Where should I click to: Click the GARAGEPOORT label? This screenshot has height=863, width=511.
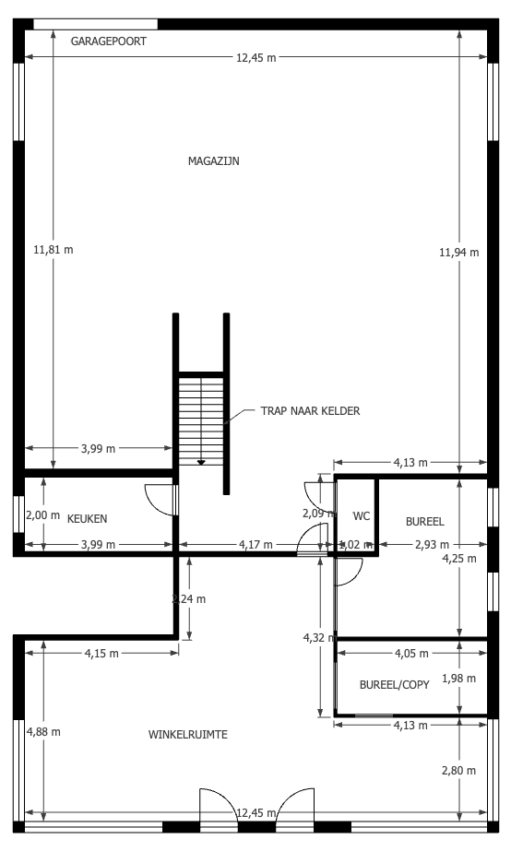(109, 41)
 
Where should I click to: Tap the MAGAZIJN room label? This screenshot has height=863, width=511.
(214, 161)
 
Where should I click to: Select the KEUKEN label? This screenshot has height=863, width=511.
(87, 518)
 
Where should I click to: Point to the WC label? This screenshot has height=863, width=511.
(362, 516)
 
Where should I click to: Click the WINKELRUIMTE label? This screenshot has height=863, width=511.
(188, 734)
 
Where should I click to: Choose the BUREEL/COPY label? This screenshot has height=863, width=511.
(394, 685)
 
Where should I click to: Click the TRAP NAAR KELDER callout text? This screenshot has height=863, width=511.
(311, 410)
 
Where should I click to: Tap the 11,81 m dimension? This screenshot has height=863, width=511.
(53, 249)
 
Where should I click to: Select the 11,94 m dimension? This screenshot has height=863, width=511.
(458, 252)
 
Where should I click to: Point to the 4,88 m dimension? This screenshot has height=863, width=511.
(43, 731)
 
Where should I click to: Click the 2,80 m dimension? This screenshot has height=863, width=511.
(458, 771)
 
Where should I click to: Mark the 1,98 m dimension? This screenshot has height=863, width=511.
(458, 678)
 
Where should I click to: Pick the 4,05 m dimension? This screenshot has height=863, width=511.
(411, 654)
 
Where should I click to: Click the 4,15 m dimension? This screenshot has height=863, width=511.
(101, 654)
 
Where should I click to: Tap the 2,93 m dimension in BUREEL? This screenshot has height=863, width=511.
(433, 544)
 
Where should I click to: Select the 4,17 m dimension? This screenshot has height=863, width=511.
(255, 544)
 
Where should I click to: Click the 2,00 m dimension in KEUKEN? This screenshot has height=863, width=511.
(43, 515)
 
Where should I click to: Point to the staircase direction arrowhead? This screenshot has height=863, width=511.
(201, 463)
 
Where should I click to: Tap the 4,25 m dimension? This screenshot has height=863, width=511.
(459, 558)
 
